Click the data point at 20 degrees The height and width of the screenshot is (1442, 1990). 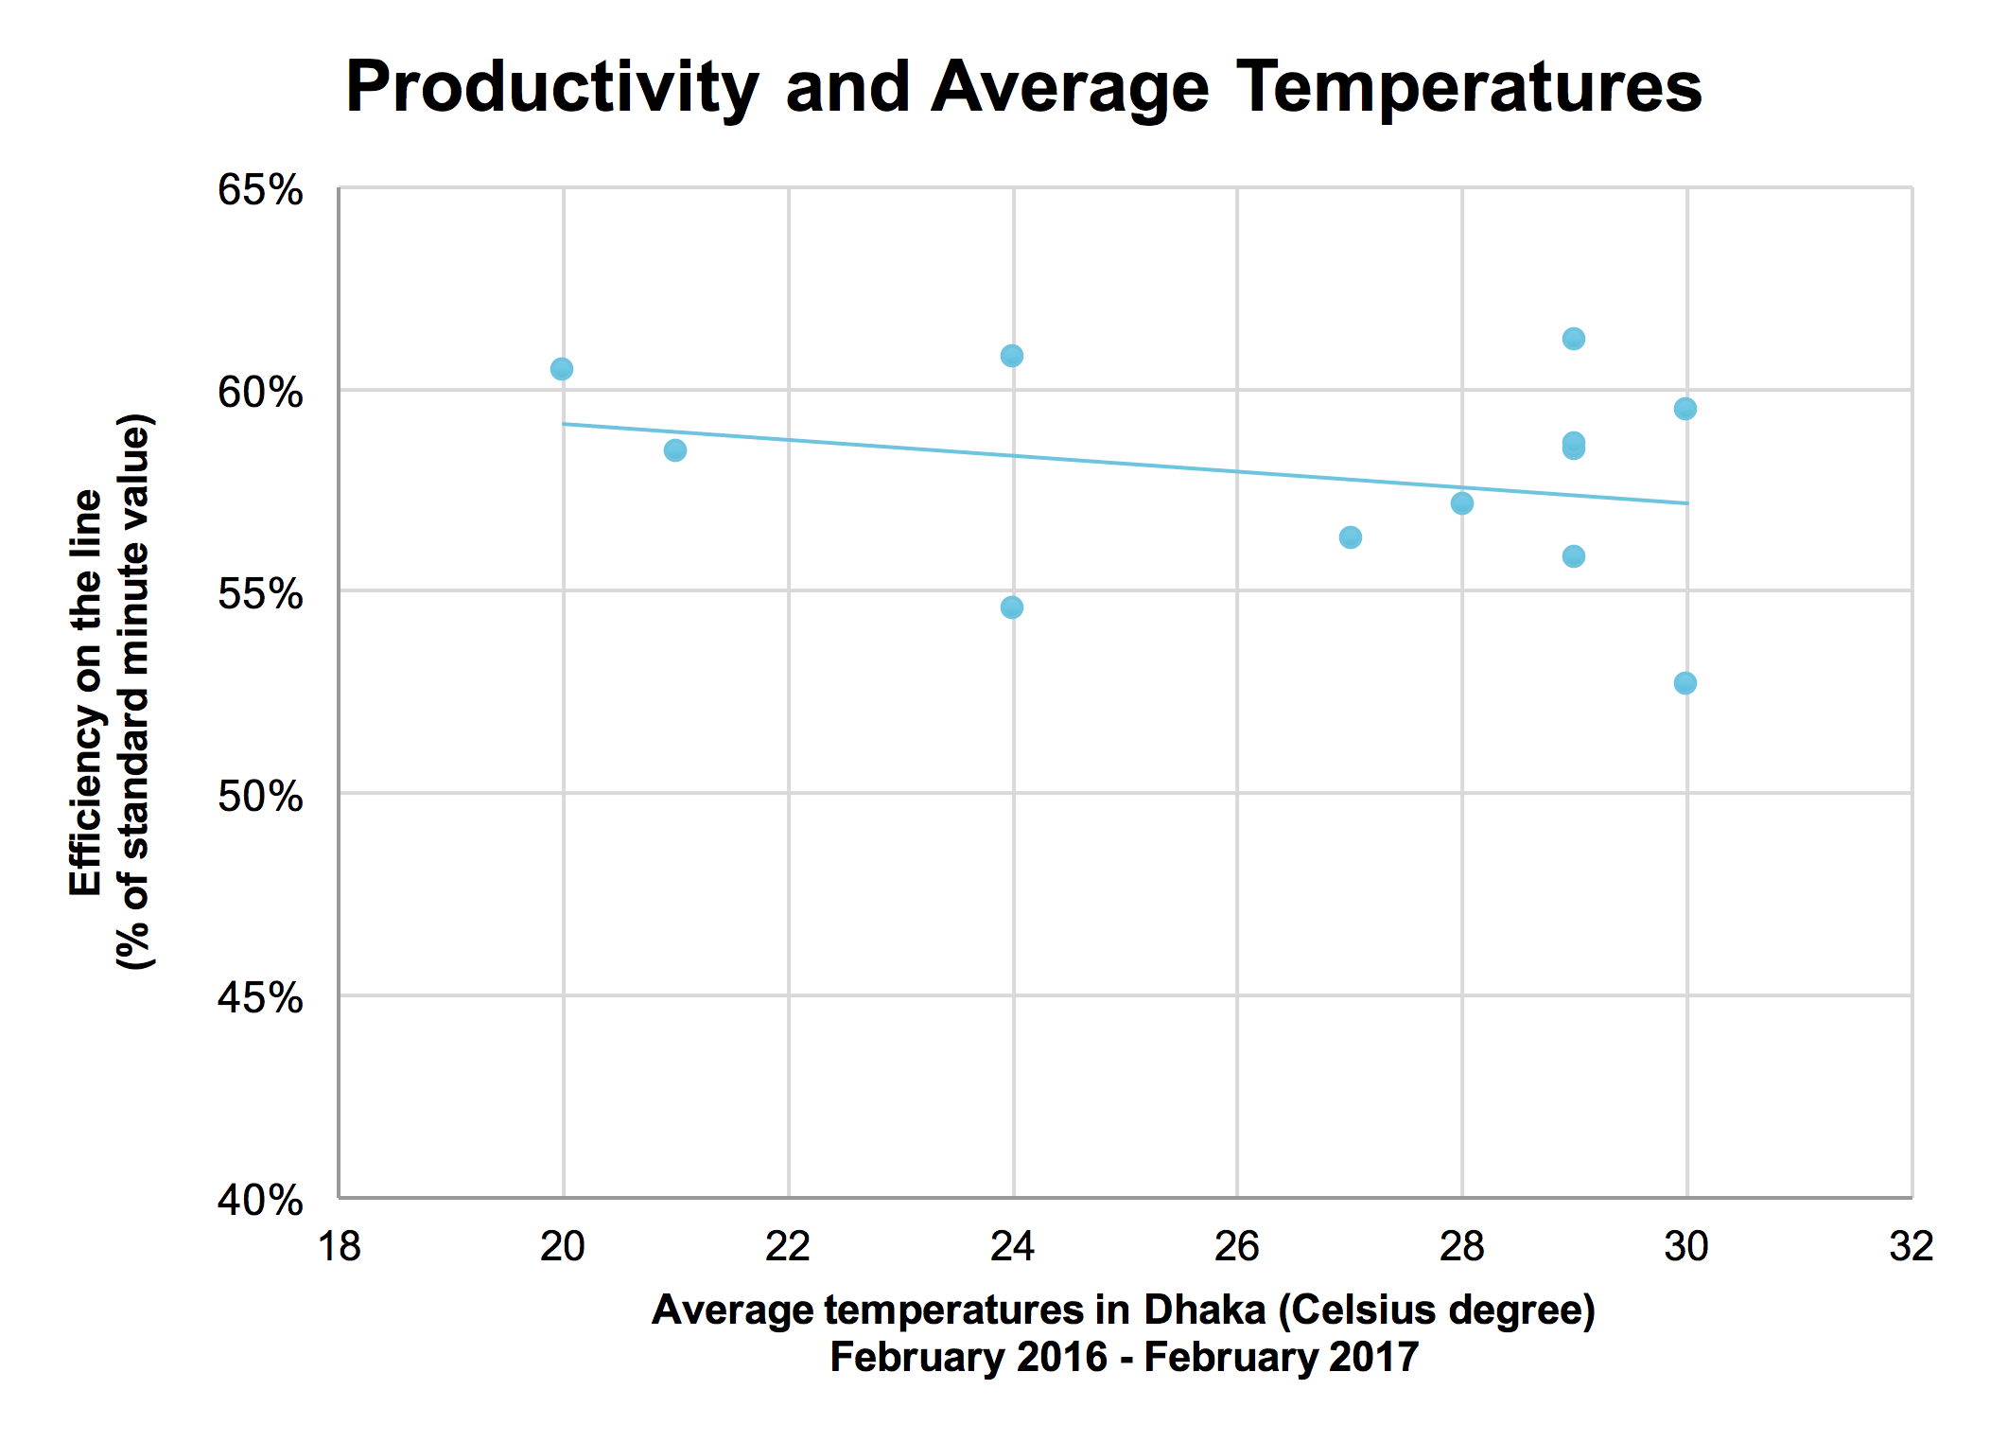pyautogui.click(x=561, y=368)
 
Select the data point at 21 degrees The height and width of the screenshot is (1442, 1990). pyautogui.click(x=674, y=450)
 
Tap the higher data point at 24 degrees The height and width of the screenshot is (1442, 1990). pyautogui.click(x=1011, y=356)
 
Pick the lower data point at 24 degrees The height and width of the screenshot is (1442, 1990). pyautogui.click(x=1011, y=607)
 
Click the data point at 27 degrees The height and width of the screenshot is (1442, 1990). pyautogui.click(x=1350, y=537)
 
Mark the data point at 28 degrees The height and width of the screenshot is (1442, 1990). pyautogui.click(x=1461, y=503)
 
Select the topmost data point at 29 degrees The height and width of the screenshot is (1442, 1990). pyautogui.click(x=1573, y=339)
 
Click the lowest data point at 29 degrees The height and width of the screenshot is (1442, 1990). pyautogui.click(x=1573, y=556)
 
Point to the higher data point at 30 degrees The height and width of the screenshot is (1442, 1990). pyautogui.click(x=1685, y=409)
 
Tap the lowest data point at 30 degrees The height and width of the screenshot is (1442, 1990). pyautogui.click(x=1685, y=683)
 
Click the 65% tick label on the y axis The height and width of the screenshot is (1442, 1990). pyautogui.click(x=260, y=190)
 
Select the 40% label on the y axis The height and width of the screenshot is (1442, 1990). pyautogui.click(x=260, y=1201)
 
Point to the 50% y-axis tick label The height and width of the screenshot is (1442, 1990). pyautogui.click(x=260, y=797)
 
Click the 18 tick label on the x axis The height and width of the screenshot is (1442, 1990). pyautogui.click(x=339, y=1246)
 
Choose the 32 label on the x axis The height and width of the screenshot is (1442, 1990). pyautogui.click(x=1911, y=1246)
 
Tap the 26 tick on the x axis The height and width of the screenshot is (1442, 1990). pyautogui.click(x=1236, y=1246)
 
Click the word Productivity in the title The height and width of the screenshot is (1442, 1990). pyautogui.click(x=551, y=88)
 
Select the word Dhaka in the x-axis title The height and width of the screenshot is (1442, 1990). pyautogui.click(x=1204, y=1310)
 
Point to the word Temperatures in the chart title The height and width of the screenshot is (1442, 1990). pyautogui.click(x=1469, y=88)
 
